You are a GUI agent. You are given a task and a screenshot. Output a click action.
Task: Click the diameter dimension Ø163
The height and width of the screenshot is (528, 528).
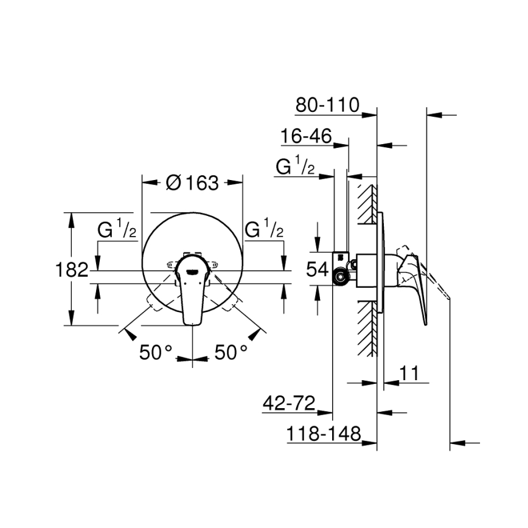[192, 182]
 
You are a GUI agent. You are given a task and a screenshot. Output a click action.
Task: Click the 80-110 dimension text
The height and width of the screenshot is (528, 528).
[327, 105]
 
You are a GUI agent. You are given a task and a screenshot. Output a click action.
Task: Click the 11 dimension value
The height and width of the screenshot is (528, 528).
[412, 373]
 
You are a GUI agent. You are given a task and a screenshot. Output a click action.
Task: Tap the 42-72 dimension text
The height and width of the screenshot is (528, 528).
[288, 403]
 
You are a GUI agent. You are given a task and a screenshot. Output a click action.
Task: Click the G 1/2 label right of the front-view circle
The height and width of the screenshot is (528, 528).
[264, 231]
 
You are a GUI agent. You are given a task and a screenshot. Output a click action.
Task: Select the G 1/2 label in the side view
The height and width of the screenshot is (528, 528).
[295, 167]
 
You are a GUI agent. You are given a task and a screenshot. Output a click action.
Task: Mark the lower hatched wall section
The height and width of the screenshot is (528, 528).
[367, 328]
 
